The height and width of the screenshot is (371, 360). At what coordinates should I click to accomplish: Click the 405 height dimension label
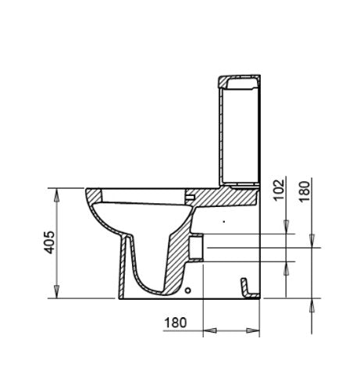click(49, 244)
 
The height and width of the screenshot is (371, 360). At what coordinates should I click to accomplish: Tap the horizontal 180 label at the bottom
click(176, 322)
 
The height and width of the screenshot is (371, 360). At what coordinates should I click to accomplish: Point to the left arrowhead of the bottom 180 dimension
click(207, 331)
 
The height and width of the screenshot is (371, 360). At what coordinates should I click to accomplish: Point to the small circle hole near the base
click(188, 291)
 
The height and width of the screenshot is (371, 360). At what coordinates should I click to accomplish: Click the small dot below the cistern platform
click(223, 223)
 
